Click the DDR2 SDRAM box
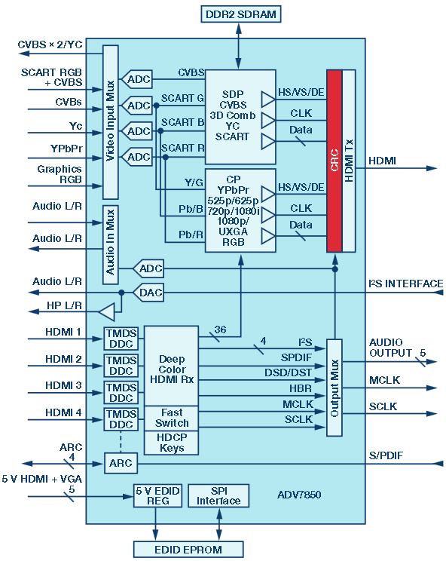(x=241, y=14)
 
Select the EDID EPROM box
(x=188, y=549)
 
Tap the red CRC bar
(x=334, y=161)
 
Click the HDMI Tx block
(x=349, y=161)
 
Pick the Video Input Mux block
(x=111, y=122)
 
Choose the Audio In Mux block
(x=111, y=245)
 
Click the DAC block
(x=148, y=293)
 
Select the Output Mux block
(x=334, y=388)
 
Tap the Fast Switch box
(x=171, y=418)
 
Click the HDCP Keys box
(x=171, y=443)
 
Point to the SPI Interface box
(x=218, y=495)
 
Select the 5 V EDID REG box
(x=157, y=495)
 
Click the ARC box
(x=121, y=463)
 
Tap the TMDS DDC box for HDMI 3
(x=121, y=393)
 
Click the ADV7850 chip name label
(x=299, y=495)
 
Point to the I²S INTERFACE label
(x=406, y=284)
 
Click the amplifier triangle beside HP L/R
(x=107, y=312)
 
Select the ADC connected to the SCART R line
(x=137, y=157)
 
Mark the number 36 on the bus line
(x=220, y=330)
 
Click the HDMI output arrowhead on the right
(x=432, y=168)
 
